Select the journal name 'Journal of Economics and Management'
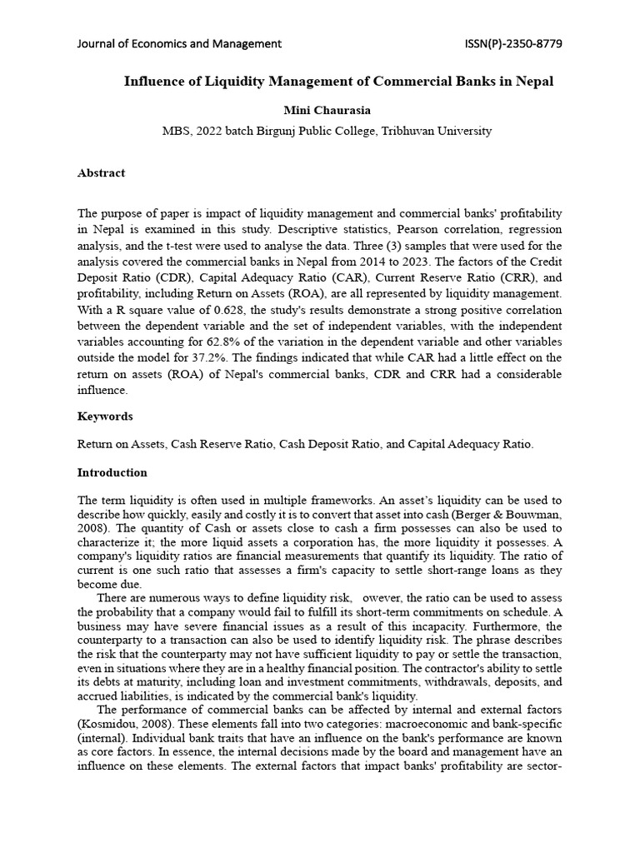(179, 43)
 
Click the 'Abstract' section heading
(101, 173)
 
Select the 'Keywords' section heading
(105, 417)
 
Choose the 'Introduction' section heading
(112, 472)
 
